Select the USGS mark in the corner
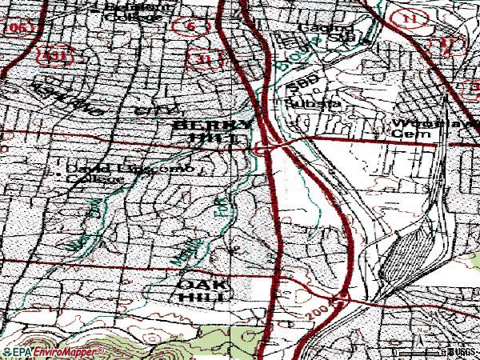tap(462, 352)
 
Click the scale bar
tap(416, 352)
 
